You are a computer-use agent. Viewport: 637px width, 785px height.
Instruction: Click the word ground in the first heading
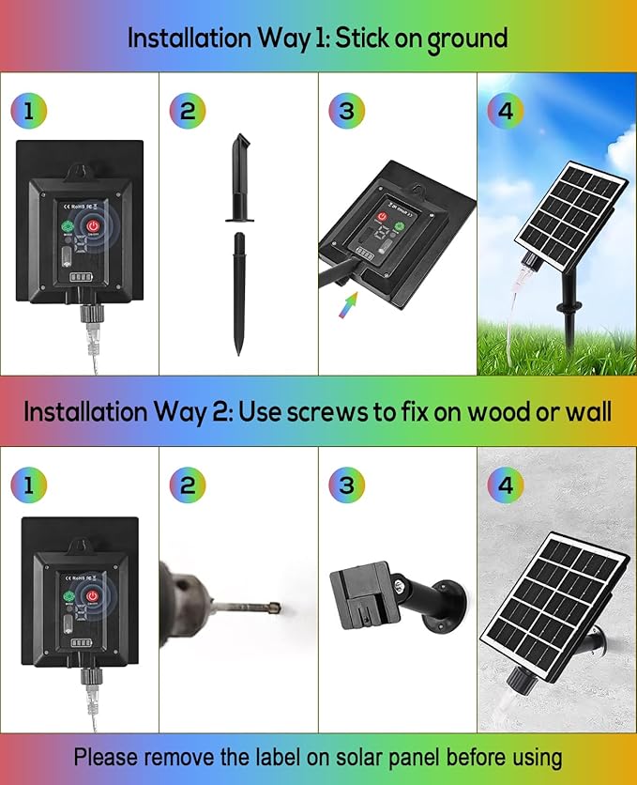[x=467, y=39]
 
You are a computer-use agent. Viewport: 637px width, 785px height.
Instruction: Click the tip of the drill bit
[x=276, y=607]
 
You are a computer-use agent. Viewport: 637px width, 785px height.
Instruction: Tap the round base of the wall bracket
[x=453, y=602]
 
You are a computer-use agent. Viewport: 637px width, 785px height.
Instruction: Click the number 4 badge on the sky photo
[x=506, y=111]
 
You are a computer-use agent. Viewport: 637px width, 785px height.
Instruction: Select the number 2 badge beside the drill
[x=187, y=485]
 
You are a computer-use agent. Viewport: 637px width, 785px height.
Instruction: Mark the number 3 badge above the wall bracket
[x=346, y=485]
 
